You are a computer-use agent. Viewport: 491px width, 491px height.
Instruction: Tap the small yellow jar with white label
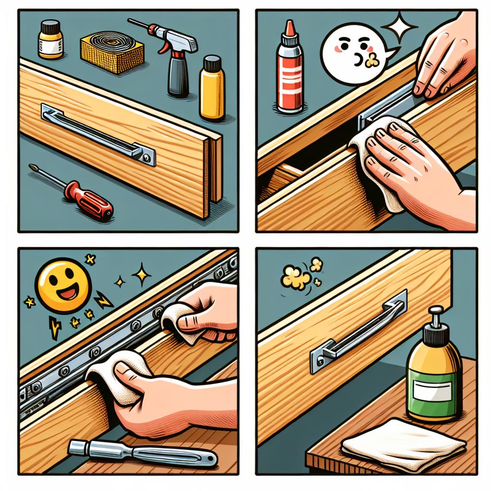click(x=50, y=42)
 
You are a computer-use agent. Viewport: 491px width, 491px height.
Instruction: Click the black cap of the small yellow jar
click(x=51, y=25)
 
